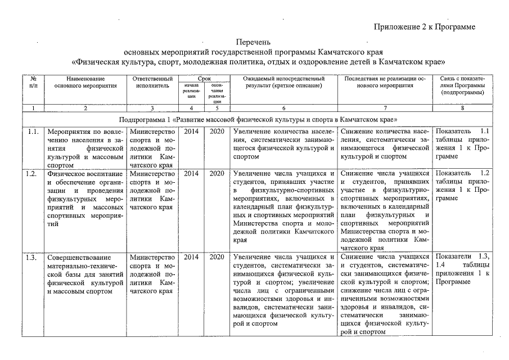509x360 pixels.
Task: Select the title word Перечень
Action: coord(255,42)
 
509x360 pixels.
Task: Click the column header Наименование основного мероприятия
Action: coord(85,82)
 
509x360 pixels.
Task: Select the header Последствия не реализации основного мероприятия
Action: coord(386,82)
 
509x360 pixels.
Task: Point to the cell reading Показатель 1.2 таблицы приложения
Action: coord(462,186)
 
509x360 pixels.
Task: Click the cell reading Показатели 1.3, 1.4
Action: coord(462,269)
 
